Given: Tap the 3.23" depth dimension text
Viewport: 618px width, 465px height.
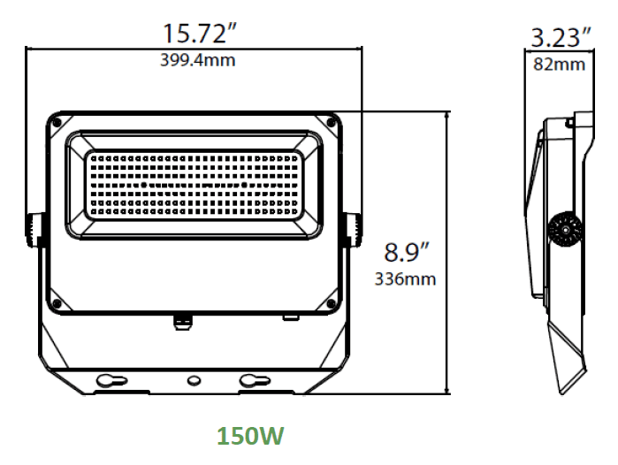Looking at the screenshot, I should (x=561, y=38).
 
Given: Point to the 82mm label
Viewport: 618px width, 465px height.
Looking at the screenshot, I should (x=560, y=65).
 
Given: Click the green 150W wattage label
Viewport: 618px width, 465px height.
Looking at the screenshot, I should (x=251, y=436).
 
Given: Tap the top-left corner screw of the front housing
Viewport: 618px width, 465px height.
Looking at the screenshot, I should (x=57, y=120).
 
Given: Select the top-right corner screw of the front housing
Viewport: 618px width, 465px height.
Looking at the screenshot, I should (x=330, y=120).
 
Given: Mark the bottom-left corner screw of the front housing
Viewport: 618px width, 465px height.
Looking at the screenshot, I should (x=57, y=304).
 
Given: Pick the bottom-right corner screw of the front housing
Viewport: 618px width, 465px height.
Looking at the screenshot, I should (x=330, y=304).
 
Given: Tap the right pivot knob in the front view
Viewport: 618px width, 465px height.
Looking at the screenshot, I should (x=352, y=232).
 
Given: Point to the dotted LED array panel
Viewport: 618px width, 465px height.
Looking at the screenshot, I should (x=194, y=185).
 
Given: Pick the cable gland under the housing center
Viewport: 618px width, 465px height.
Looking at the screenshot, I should (x=182, y=319).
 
